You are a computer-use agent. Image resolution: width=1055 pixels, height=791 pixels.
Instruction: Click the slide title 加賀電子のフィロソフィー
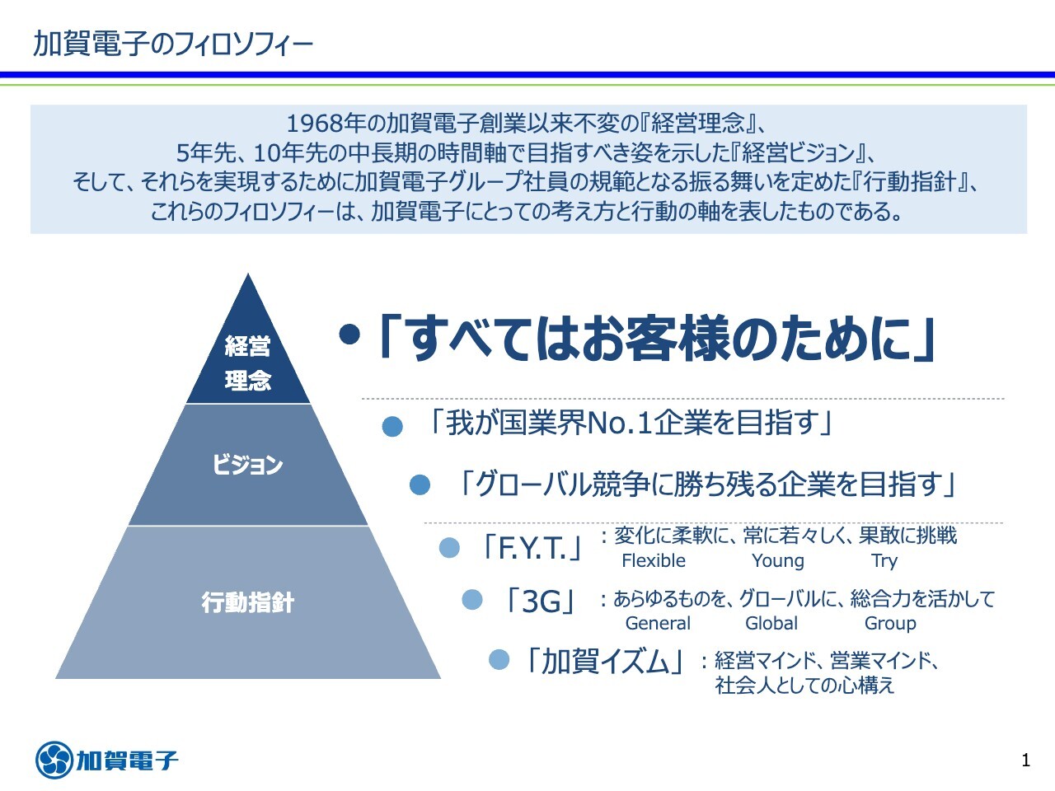coord(173,43)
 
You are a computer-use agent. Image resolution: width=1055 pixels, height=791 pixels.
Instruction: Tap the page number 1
coord(1025,760)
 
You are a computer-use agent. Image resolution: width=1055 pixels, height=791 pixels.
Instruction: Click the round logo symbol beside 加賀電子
coord(54,760)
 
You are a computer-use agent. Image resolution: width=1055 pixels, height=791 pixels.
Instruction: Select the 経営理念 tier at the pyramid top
coord(248,363)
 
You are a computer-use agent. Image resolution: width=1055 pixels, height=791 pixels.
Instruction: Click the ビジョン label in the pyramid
coord(247,465)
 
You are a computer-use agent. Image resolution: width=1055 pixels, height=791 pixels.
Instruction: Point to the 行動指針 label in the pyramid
coord(247,602)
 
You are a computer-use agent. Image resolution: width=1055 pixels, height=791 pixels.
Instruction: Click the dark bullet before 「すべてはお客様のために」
coord(349,335)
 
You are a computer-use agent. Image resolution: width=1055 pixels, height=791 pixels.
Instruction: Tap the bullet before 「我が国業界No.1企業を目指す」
coord(392,427)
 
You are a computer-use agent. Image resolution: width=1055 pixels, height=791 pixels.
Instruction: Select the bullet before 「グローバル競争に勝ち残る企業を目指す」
coord(420,485)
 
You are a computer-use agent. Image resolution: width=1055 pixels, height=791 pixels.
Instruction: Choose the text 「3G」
coord(542,601)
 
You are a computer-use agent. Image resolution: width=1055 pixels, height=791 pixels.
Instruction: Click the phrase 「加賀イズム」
coord(603,661)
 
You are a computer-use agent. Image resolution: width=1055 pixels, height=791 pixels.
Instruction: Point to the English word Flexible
coord(653,561)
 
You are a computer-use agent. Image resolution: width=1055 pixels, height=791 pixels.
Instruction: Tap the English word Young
coord(777,561)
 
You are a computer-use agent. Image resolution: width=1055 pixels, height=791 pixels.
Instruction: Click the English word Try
coord(884,561)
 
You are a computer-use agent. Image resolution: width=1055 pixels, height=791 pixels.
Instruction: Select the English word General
coord(658,624)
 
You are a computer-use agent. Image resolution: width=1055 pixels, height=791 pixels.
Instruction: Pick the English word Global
coord(771,624)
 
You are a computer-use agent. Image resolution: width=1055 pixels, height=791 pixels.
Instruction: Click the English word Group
coord(889,624)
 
